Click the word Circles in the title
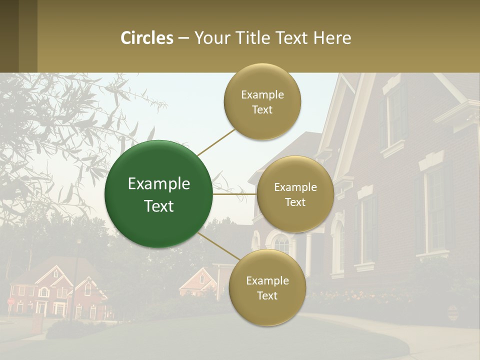(x=147, y=38)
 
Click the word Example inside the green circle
(x=159, y=183)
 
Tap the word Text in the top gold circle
(x=262, y=110)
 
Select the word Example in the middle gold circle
(x=295, y=187)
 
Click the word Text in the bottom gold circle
(x=267, y=295)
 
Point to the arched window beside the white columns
(x=281, y=244)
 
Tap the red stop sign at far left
(x=10, y=301)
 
